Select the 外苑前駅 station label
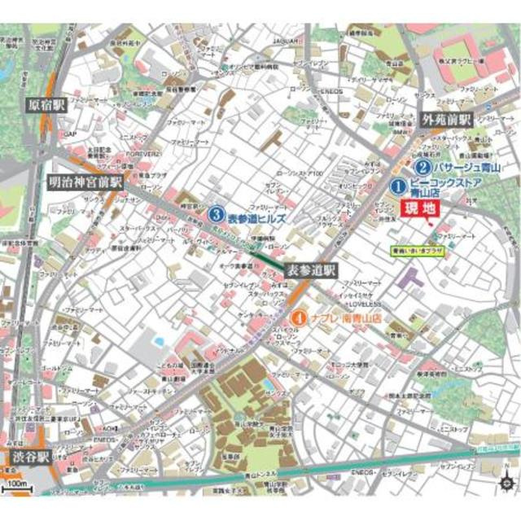click(x=446, y=120)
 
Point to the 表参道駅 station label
click(x=311, y=269)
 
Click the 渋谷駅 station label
click(x=30, y=456)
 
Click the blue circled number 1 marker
click(x=398, y=186)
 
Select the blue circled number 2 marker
click(x=422, y=166)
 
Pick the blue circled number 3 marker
click(x=216, y=216)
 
